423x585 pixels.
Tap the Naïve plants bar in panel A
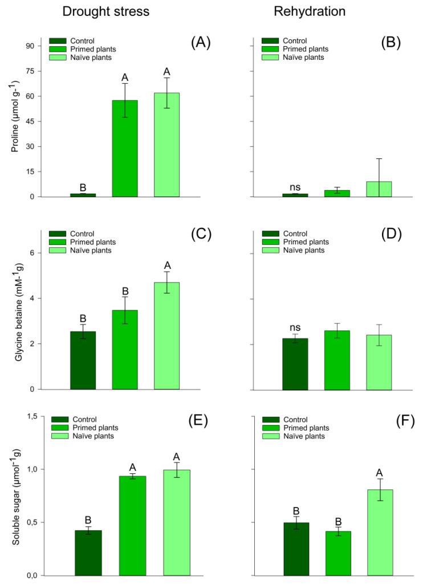[x=166, y=145]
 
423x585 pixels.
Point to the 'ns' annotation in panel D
[x=295, y=328]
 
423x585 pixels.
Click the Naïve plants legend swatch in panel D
[x=270, y=251]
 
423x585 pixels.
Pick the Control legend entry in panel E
[x=74, y=420]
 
